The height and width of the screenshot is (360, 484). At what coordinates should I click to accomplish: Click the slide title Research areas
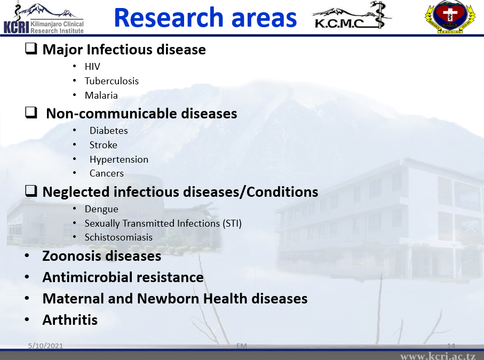coord(205,18)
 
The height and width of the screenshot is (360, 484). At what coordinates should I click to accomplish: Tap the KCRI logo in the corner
coord(44,18)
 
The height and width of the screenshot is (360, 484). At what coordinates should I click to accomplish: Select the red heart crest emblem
coord(450,17)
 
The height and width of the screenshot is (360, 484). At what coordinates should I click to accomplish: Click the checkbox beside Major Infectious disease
coord(31,49)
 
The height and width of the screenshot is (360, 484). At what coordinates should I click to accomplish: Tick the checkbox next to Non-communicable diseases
coord(31,113)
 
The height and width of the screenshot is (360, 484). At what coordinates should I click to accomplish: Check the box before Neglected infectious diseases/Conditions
coord(31,191)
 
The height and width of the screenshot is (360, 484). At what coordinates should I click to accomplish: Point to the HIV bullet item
coord(92,67)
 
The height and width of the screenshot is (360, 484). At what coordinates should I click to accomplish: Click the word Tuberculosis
coord(112,81)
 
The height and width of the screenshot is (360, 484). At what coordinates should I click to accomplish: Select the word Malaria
coord(101,95)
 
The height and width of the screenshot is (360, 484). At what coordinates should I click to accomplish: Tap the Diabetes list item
coord(109,131)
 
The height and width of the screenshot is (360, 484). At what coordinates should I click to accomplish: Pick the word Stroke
coord(104,145)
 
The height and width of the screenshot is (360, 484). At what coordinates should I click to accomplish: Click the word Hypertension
coord(119,160)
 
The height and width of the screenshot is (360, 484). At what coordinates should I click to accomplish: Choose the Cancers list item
coord(107,174)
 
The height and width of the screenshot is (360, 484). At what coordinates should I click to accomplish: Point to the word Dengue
coord(101,210)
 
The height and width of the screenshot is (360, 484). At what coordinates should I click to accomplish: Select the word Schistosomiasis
coord(118,237)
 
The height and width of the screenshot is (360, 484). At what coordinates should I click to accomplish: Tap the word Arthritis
coord(70,320)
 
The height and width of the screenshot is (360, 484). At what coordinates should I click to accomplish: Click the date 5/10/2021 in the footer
coord(45,346)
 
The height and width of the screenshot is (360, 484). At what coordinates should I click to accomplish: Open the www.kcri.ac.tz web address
coord(438,356)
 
